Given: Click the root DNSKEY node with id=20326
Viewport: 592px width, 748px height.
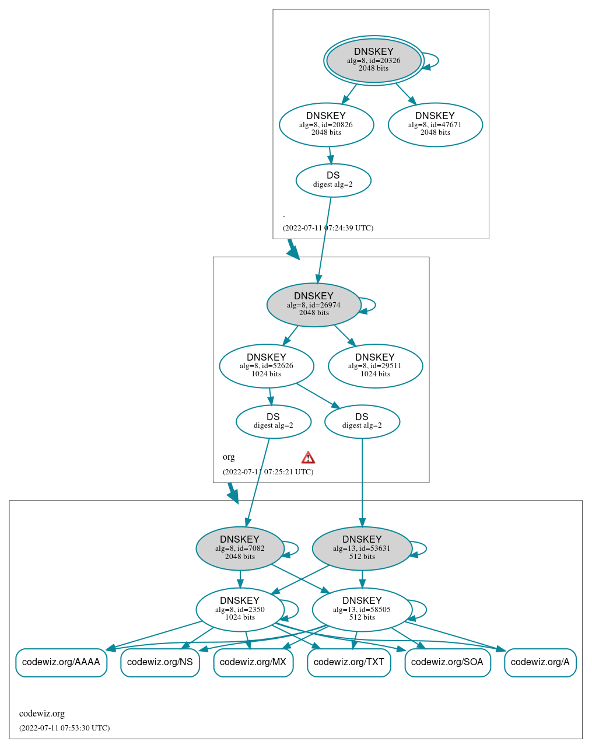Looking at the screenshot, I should coord(374,61).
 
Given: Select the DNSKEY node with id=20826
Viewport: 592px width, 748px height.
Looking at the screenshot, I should coord(326,125).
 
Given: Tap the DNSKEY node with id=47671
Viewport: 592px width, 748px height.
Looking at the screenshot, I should coord(435,125).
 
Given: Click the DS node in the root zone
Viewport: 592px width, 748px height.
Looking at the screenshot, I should coord(333,180).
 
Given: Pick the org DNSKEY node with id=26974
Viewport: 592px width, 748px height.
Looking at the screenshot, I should coord(314,305).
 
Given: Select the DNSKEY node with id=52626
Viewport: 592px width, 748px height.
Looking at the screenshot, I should coord(267,366).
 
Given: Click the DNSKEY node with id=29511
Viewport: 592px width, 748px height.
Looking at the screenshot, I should coord(375,366).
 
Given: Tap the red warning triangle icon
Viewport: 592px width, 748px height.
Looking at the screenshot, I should coord(308,457).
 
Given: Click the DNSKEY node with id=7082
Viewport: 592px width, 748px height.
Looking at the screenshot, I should coord(240,548).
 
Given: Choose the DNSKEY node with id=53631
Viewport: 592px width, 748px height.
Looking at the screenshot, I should coord(362,548).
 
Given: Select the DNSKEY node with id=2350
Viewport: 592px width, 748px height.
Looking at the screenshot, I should coord(240,609).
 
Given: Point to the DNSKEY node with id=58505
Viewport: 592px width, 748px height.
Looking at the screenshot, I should coord(362,609).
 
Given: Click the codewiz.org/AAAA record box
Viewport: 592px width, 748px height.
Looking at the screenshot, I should coord(61,662).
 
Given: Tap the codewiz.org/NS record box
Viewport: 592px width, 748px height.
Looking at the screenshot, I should coord(160,662).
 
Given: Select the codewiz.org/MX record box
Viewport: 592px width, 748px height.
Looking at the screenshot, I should coord(253,662).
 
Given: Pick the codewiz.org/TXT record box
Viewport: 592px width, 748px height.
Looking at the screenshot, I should coord(349,662).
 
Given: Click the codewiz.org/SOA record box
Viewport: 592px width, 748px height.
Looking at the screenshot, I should coord(447,662).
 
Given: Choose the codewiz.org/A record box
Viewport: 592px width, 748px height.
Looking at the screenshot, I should coord(540,662).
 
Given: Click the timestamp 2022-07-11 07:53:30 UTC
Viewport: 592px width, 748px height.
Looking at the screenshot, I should coord(64,728).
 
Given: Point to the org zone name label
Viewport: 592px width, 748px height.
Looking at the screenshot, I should coord(229,457).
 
